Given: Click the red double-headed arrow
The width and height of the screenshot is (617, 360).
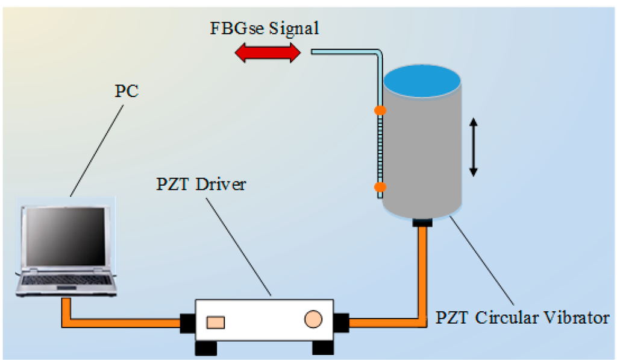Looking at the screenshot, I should (x=267, y=53).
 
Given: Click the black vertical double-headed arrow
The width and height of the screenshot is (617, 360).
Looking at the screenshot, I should (x=473, y=147).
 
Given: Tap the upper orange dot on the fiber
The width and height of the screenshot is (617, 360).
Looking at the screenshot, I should (x=380, y=110).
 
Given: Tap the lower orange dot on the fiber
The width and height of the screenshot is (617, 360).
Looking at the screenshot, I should (x=380, y=188).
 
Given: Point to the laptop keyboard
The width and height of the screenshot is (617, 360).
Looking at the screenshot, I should (x=66, y=280).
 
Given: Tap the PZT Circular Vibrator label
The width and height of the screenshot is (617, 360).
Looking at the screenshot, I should (x=522, y=317).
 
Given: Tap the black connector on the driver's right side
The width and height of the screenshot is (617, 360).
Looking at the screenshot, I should (x=341, y=323).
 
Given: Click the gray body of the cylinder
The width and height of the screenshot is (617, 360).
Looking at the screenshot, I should (x=428, y=157).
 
